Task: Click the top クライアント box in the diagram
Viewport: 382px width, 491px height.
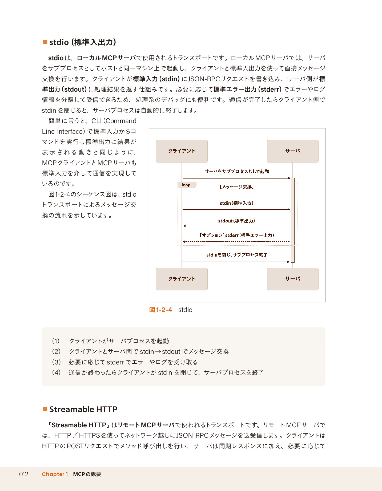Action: pos(182,151)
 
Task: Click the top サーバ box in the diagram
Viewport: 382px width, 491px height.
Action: pos(292,151)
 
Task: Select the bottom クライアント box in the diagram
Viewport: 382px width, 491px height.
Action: pos(182,279)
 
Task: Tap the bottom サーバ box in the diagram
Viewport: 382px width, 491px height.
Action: pos(292,279)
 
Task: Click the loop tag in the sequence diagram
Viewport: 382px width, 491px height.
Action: pos(186,185)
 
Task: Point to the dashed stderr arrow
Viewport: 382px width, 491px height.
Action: pos(236,242)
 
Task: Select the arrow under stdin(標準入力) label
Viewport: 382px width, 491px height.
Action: pos(236,209)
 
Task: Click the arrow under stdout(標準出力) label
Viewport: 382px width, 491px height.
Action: pos(236,226)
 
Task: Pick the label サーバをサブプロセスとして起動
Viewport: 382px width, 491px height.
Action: pos(236,171)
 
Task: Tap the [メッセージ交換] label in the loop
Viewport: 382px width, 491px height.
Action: pos(236,187)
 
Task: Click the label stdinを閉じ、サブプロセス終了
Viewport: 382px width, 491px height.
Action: pos(236,255)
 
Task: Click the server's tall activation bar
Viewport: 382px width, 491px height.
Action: pos(293,220)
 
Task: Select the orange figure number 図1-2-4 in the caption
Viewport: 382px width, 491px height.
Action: pos(160,310)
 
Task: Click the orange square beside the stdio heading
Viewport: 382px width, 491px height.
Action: pos(45,42)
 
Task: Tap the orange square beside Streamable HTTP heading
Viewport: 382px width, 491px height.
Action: pos(45,409)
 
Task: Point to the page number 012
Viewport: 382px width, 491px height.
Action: pos(24,474)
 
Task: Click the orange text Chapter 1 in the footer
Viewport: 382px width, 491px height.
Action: pos(55,474)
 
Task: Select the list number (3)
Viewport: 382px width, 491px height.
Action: pos(56,362)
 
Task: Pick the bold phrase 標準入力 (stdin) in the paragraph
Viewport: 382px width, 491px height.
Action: pos(156,79)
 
